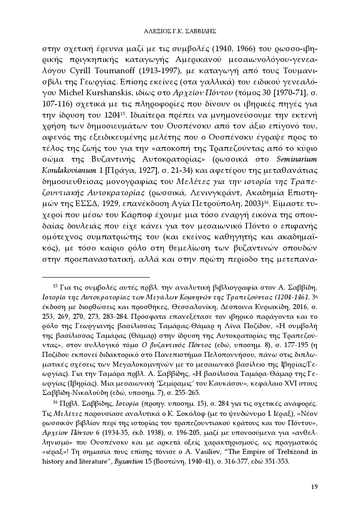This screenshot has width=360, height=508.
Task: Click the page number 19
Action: tap(314, 486)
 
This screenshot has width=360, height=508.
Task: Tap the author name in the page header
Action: tap(180, 31)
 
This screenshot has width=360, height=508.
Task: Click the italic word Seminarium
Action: tap(297, 159)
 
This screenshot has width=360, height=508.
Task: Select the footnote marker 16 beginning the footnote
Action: tap(55, 403)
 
